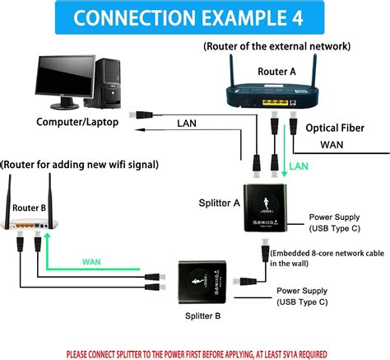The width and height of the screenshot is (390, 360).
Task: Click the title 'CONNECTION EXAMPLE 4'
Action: coord(194,17)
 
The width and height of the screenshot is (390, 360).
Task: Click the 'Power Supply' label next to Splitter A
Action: coord(332,217)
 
